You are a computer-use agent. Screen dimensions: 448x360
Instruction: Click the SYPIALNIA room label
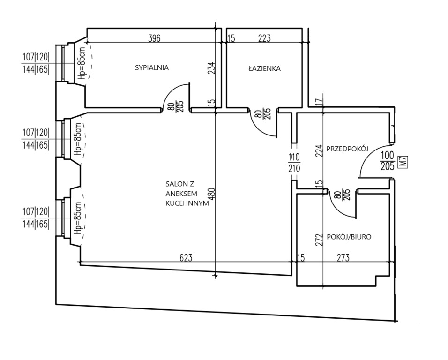pyautogui.click(x=152, y=67)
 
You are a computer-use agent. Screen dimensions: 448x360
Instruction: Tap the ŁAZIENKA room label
pyautogui.click(x=264, y=68)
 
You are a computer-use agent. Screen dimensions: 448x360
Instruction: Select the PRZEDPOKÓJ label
pyautogui.click(x=347, y=149)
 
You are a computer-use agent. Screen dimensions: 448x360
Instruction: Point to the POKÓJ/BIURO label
pyautogui.click(x=349, y=237)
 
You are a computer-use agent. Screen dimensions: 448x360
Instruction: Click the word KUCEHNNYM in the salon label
pyautogui.click(x=187, y=203)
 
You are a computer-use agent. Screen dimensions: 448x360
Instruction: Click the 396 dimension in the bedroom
pyautogui.click(x=154, y=38)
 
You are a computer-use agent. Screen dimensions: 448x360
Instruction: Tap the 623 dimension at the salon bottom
pyautogui.click(x=186, y=258)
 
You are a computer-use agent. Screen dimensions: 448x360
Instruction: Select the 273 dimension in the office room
pyautogui.click(x=343, y=258)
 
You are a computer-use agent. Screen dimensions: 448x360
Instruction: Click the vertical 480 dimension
pyautogui.click(x=212, y=194)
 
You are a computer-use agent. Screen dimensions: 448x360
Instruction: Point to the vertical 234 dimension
pyautogui.click(x=212, y=68)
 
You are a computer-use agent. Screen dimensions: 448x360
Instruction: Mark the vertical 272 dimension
pyautogui.click(x=320, y=240)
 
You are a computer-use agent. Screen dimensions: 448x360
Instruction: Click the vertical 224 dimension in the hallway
pyautogui.click(x=320, y=150)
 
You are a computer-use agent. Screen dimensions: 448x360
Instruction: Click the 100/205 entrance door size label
pyautogui.click(x=388, y=161)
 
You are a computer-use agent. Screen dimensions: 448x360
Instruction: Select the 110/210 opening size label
pyautogui.click(x=294, y=163)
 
